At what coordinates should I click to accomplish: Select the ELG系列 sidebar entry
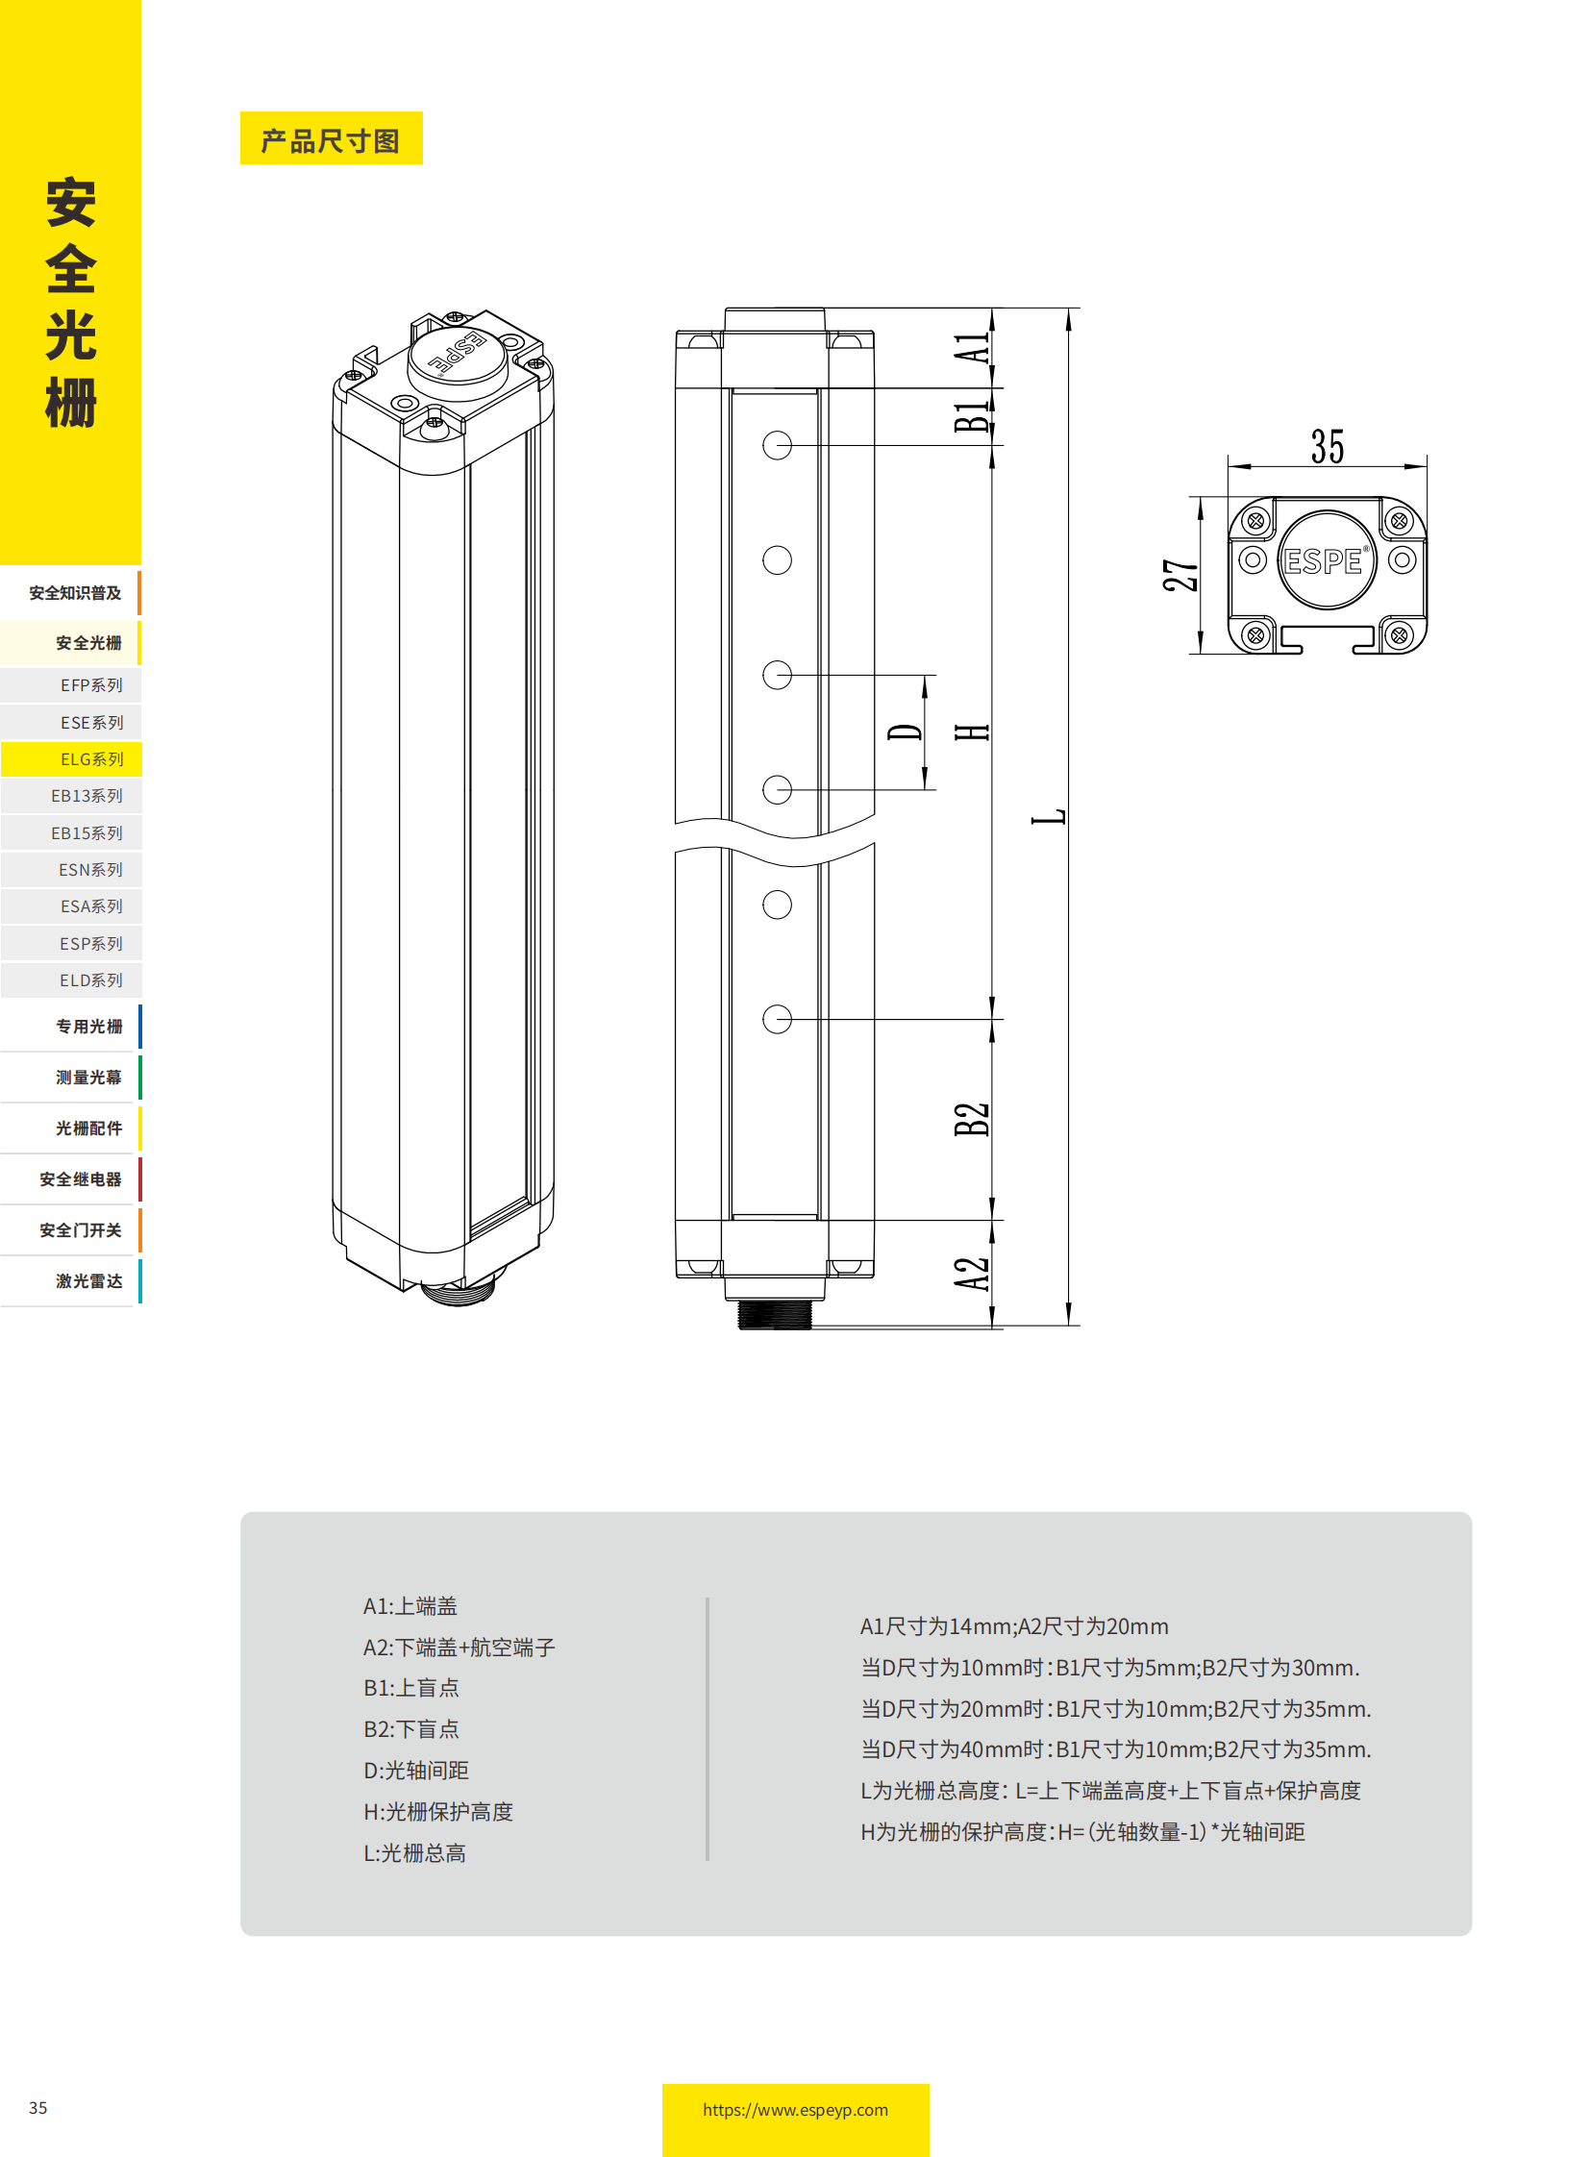pyautogui.click(x=91, y=758)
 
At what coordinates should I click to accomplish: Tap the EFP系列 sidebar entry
pyautogui.click(x=91, y=684)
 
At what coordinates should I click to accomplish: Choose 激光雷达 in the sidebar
pyautogui.click(x=88, y=1280)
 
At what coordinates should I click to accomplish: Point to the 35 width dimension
pyautogui.click(x=1327, y=447)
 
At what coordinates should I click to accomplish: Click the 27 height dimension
pyautogui.click(x=1180, y=575)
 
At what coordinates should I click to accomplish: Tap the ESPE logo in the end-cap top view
pyautogui.click(x=1326, y=560)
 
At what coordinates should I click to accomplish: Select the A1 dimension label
pyautogui.click(x=972, y=347)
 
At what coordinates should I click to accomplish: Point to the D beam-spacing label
pyautogui.click(x=905, y=731)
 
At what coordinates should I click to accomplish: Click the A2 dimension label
pyautogui.click(x=972, y=1273)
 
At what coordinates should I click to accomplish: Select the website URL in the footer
pyautogui.click(x=795, y=2109)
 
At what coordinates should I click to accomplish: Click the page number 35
pyautogui.click(x=38, y=2107)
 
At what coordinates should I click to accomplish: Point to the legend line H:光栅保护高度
pyautogui.click(x=438, y=1812)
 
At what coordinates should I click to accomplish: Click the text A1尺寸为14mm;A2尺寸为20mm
pyautogui.click(x=1013, y=1625)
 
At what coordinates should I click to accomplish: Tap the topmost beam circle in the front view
pyautogui.click(x=777, y=445)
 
